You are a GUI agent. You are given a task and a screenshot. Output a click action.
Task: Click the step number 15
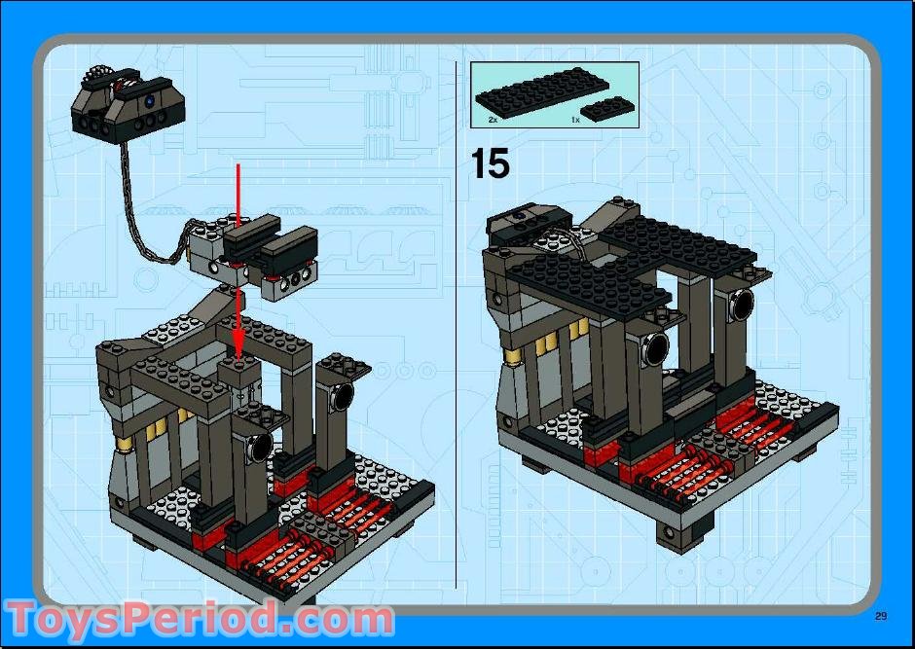pyautogui.click(x=490, y=162)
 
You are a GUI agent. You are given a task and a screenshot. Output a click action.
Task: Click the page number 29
pyautogui.click(x=881, y=616)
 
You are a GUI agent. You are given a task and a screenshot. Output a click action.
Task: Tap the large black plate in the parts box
pyautogui.click(x=541, y=93)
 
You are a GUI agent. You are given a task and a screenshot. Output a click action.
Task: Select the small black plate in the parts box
pyautogui.click(x=604, y=109)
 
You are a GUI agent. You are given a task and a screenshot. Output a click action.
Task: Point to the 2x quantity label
pyautogui.click(x=493, y=120)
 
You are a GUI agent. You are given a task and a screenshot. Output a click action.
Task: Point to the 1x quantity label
pyautogui.click(x=575, y=120)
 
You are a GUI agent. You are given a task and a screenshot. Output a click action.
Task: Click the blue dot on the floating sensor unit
pyautogui.click(x=151, y=100)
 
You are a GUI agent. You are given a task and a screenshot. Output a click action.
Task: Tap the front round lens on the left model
pyautogui.click(x=260, y=448)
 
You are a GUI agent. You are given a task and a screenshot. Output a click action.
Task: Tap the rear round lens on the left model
pyautogui.click(x=342, y=396)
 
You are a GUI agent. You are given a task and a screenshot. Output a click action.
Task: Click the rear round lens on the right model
pyautogui.click(x=742, y=305)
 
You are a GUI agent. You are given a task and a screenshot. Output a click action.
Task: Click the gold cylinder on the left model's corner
pyautogui.click(x=125, y=446)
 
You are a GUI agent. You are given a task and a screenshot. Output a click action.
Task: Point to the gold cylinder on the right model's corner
pyautogui.click(x=512, y=356)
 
